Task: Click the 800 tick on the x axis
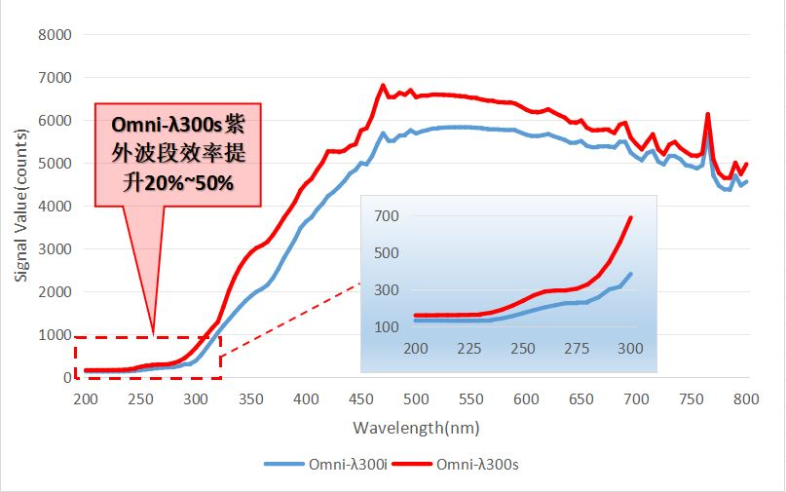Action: [x=746, y=398]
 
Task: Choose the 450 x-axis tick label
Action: [x=360, y=398]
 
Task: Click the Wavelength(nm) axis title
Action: [x=416, y=428]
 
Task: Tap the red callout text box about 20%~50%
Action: [x=177, y=154]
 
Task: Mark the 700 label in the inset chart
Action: [x=388, y=215]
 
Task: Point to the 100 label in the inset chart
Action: [x=388, y=326]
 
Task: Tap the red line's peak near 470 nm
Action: [x=383, y=85]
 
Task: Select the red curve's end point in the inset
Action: [x=631, y=217]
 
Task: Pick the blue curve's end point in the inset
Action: [x=631, y=274]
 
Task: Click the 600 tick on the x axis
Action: [x=526, y=398]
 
